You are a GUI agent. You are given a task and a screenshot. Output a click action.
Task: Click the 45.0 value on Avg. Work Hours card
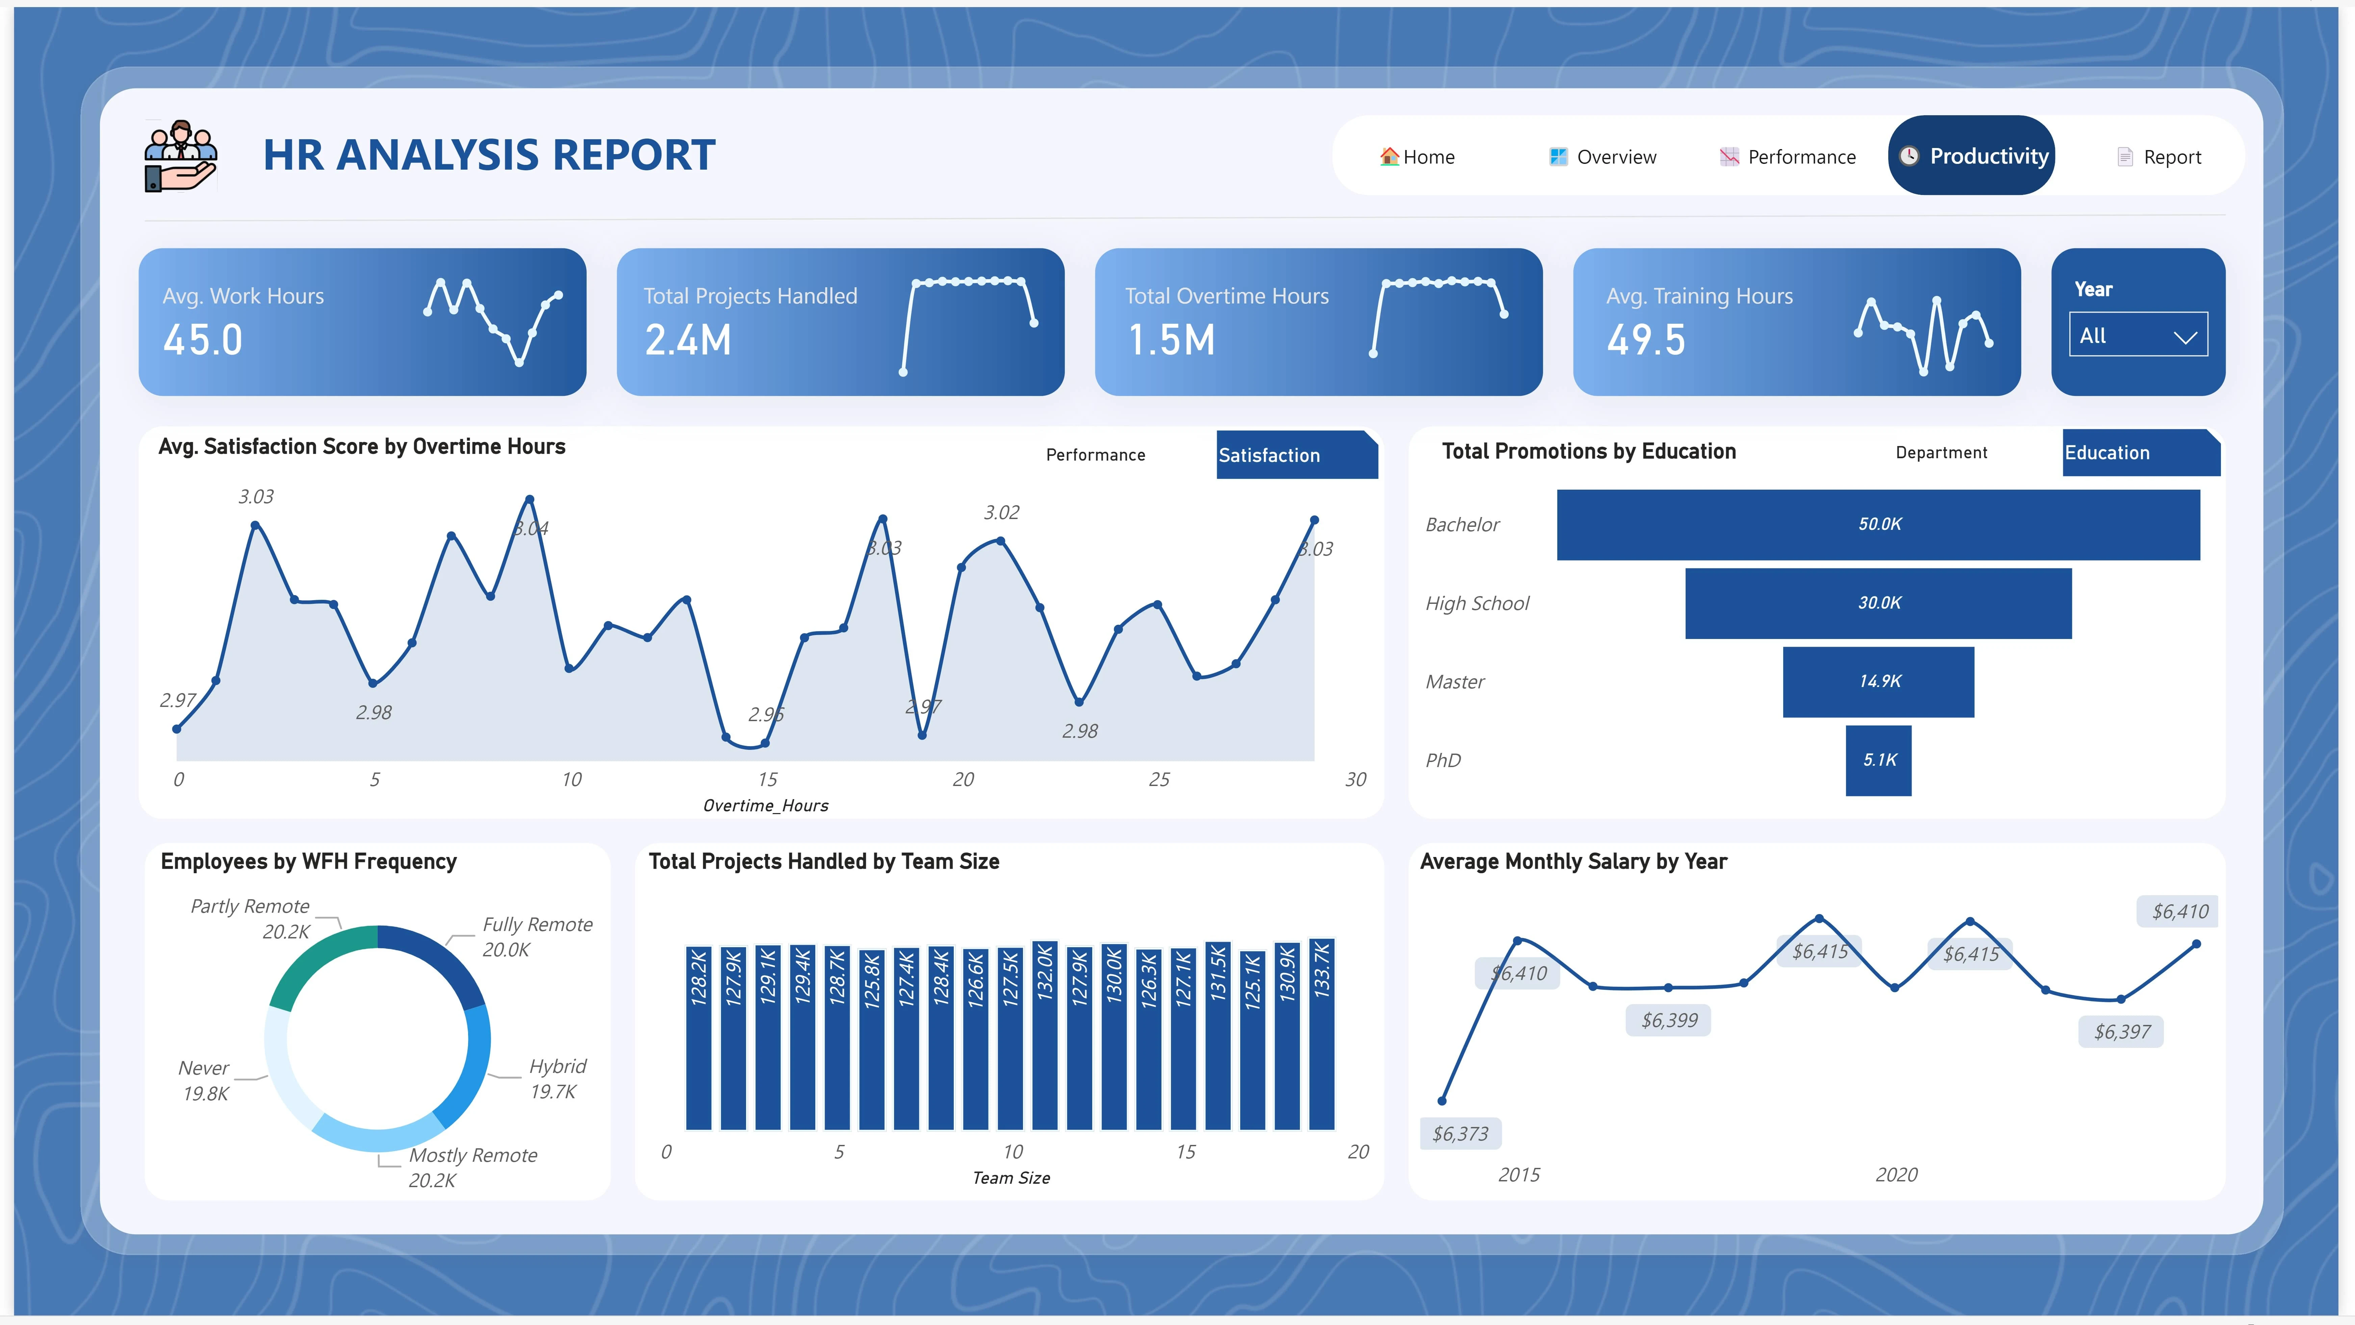(x=203, y=340)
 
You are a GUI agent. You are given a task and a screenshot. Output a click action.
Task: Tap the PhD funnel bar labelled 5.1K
(x=1879, y=760)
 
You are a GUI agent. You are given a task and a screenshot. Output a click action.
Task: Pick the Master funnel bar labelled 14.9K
(x=1879, y=681)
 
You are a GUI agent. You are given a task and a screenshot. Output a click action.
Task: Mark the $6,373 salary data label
(x=1460, y=1134)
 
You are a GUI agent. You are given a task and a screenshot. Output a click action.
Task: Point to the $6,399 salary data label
(x=1669, y=1021)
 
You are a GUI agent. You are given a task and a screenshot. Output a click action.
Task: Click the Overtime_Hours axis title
(x=765, y=806)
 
